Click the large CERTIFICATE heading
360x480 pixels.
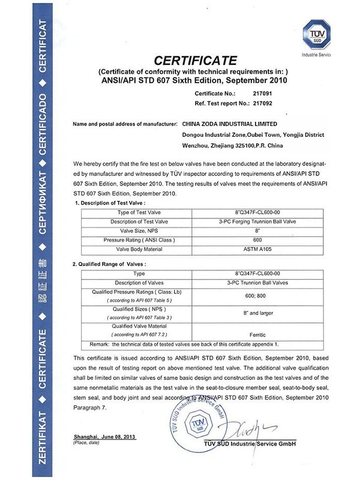pos(197,61)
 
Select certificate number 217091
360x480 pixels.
pos(247,94)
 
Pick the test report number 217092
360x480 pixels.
pos(247,103)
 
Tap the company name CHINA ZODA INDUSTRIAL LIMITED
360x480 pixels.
pos(230,124)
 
